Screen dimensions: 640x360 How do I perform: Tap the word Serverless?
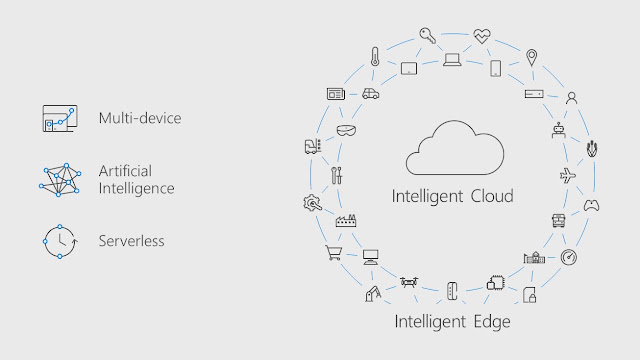pyautogui.click(x=131, y=241)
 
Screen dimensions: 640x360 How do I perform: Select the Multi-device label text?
pyautogui.click(x=140, y=118)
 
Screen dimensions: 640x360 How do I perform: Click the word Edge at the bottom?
pyautogui.click(x=492, y=322)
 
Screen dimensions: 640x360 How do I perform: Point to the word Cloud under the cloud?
pyautogui.click(x=492, y=196)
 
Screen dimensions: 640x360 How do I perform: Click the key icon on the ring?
pyautogui.click(x=427, y=36)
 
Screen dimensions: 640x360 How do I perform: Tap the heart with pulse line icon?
pyautogui.click(x=482, y=36)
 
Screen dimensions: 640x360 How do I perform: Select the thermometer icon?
pyautogui.click(x=375, y=56)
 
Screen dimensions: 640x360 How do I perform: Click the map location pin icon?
pyautogui.click(x=531, y=58)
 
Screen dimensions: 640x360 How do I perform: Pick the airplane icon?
pyautogui.click(x=568, y=176)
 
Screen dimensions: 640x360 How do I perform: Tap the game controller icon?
pyautogui.click(x=591, y=205)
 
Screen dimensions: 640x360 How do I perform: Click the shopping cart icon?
pyautogui.click(x=334, y=253)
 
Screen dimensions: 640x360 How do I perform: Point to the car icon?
pyautogui.click(x=371, y=94)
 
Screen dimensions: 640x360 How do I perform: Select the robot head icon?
pyautogui.click(x=558, y=130)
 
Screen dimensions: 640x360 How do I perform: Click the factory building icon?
pyautogui.click(x=346, y=220)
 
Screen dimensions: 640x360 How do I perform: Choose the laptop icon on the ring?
pyautogui.click(x=452, y=60)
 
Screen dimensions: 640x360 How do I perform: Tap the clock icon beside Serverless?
pyautogui.click(x=60, y=242)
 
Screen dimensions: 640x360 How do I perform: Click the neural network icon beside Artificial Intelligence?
pyautogui.click(x=60, y=180)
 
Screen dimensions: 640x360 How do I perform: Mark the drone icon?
pyautogui.click(x=409, y=282)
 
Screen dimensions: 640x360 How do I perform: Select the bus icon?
pyautogui.click(x=558, y=220)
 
